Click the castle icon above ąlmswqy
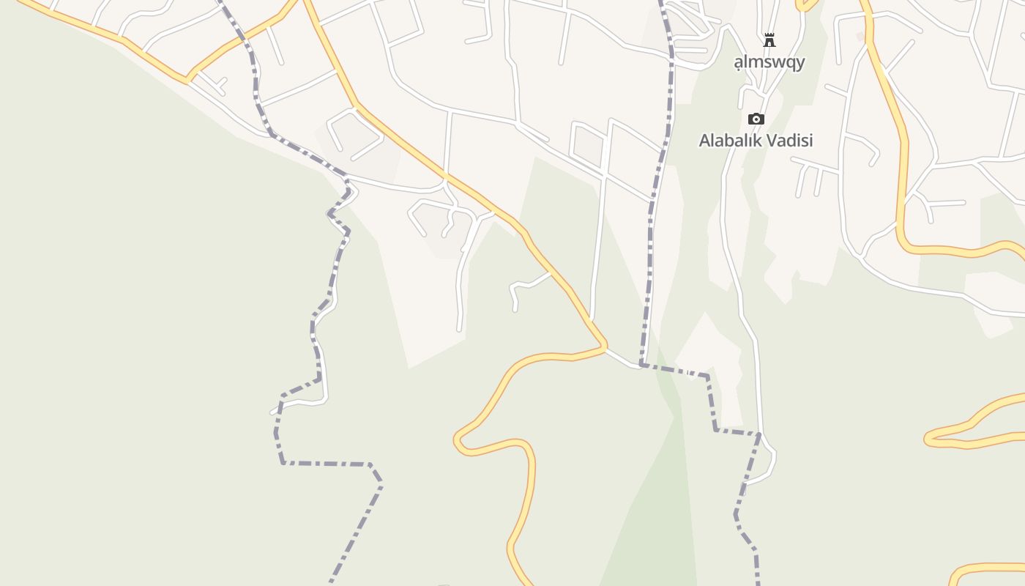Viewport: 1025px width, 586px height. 769,40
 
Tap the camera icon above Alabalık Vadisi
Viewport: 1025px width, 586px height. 756,119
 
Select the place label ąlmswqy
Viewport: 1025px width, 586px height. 769,62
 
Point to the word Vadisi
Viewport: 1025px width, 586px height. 789,140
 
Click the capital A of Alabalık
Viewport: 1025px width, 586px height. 704,140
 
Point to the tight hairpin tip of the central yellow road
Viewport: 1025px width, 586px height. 457,440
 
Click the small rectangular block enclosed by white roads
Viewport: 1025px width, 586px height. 587,144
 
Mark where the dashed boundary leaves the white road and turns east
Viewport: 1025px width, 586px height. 642,363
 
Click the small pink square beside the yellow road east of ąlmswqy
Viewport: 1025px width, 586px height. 860,36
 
